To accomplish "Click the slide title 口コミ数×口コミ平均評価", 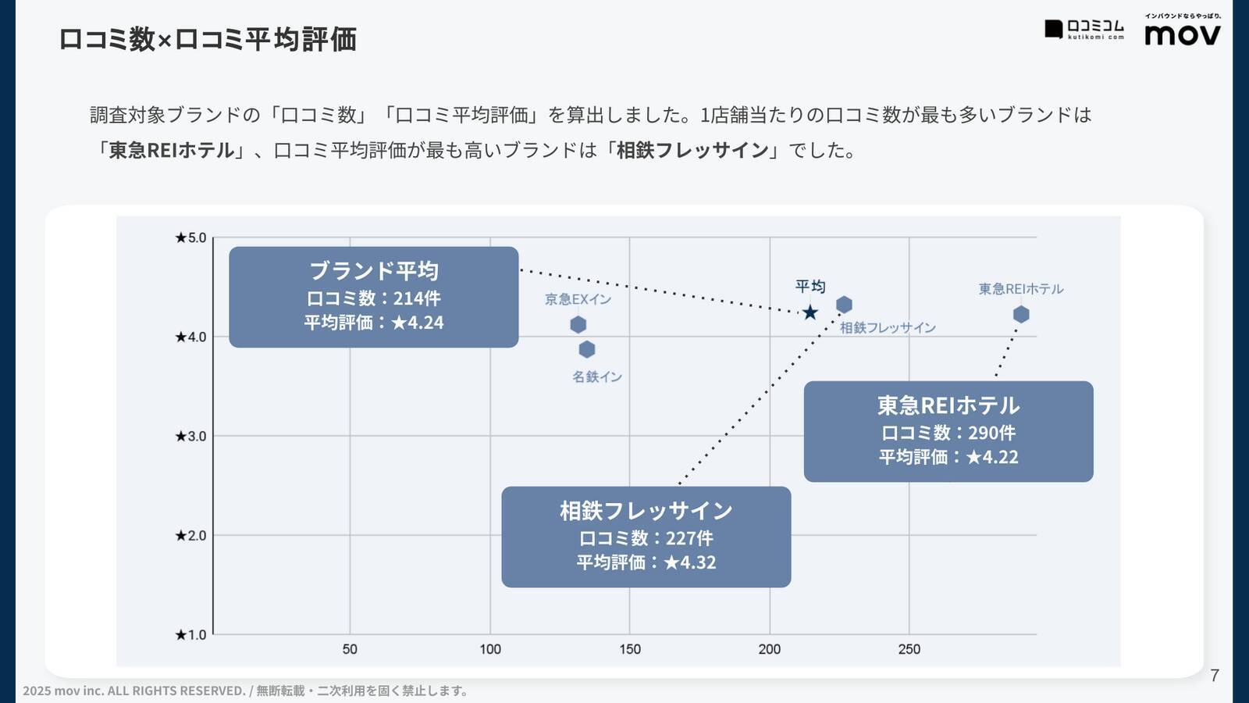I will [x=208, y=39].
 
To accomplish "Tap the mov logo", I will [x=1182, y=34].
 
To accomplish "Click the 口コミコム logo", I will [x=1084, y=29].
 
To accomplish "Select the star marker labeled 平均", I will [x=810, y=312].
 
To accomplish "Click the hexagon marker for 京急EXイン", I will [x=578, y=324].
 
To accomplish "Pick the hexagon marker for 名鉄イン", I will [x=587, y=349].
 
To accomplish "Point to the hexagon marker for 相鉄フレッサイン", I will [x=844, y=305].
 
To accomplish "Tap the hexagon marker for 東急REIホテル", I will [x=1021, y=314].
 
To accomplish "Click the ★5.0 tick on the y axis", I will [x=190, y=237].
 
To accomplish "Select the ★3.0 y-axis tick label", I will [x=190, y=436].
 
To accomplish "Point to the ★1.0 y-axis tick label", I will [x=190, y=634].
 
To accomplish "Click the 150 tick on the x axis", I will [x=630, y=649].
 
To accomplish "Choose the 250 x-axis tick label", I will [x=909, y=649].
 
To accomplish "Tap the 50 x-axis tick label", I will [x=350, y=649].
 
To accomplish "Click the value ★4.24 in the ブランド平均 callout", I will [x=418, y=323].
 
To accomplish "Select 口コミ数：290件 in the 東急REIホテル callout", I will [x=948, y=433].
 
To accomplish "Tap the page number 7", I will [x=1214, y=676].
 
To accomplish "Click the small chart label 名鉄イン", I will [x=597, y=376].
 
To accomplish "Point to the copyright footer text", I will [x=246, y=691].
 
